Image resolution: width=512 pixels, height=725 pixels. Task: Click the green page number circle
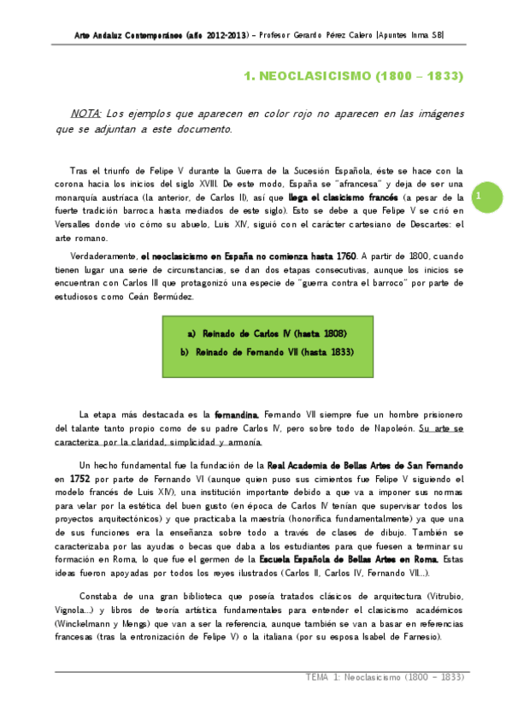(479, 197)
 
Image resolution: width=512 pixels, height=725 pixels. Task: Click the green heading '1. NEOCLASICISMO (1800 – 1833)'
(354, 76)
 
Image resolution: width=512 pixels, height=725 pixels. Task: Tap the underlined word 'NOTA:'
(86, 113)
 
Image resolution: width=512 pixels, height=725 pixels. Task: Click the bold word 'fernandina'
(238, 414)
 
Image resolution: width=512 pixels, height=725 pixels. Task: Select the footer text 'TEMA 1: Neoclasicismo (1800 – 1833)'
(384, 677)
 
